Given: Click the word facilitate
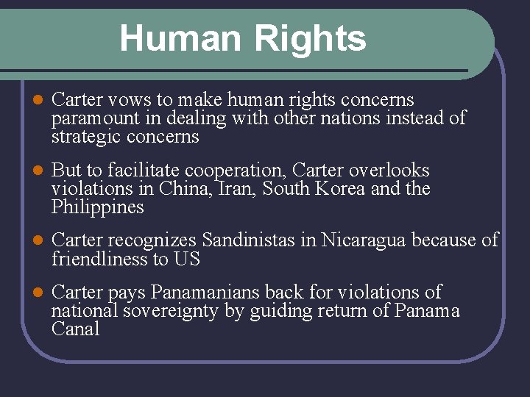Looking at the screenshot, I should tap(141, 171).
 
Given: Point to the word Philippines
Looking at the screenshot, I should tap(97, 208).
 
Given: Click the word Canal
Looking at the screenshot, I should tap(75, 329).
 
